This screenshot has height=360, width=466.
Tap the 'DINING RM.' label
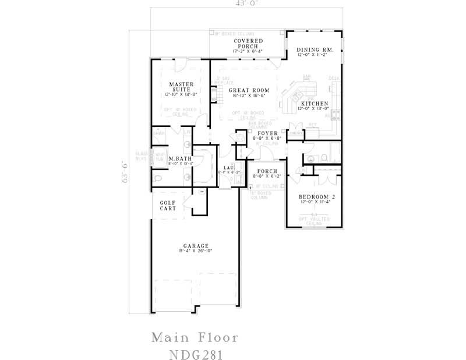pyautogui.click(x=315, y=51)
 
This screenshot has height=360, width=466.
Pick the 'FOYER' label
pyautogui.click(x=267, y=133)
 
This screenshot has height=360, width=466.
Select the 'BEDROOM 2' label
pyautogui.click(x=315, y=197)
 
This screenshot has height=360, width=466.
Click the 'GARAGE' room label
pyautogui.click(x=195, y=246)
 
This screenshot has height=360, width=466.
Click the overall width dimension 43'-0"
pyautogui.click(x=247, y=3)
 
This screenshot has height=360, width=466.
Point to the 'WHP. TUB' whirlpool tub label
pyautogui.click(x=159, y=156)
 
